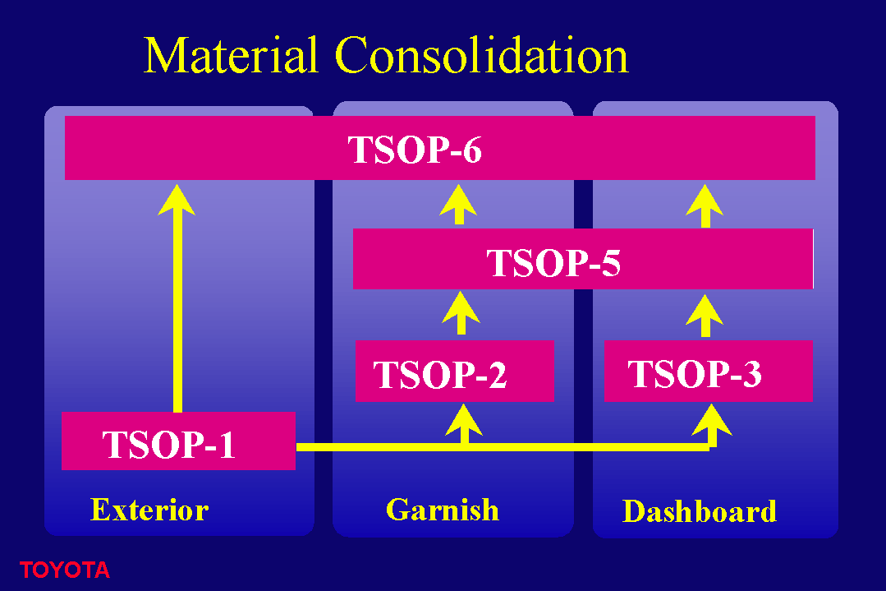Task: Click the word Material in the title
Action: (230, 55)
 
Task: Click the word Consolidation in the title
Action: (481, 55)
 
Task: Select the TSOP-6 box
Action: (439, 148)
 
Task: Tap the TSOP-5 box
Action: (583, 259)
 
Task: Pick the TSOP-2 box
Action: (454, 371)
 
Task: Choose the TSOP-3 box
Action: (709, 371)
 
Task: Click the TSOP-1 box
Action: (178, 441)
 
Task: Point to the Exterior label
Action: (149, 510)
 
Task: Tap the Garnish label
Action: (443, 510)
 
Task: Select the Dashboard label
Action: (700, 511)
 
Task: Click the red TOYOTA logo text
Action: (64, 570)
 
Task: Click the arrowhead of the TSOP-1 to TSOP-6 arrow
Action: (177, 200)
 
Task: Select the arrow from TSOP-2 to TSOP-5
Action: (461, 312)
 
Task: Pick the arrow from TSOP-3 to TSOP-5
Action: (705, 316)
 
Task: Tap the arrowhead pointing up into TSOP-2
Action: (464, 419)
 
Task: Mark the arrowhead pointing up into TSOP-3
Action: (712, 419)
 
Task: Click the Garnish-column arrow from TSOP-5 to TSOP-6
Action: (458, 204)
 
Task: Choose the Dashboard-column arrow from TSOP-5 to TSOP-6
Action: (705, 205)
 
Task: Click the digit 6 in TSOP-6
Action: (472, 150)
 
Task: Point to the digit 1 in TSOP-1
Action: (227, 444)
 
